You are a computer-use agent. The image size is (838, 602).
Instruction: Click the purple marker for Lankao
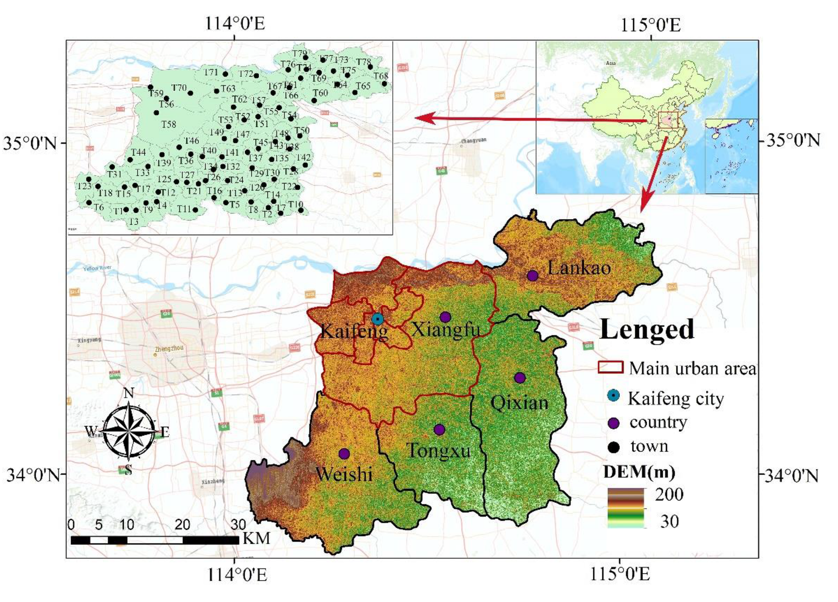click(532, 276)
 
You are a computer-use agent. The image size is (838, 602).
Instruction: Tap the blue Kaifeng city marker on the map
click(377, 319)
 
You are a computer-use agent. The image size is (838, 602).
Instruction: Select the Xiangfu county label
click(446, 330)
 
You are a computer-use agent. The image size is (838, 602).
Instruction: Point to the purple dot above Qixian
click(520, 378)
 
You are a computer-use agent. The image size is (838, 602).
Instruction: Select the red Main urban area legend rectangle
click(611, 367)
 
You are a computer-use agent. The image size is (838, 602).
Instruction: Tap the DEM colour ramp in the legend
click(626, 508)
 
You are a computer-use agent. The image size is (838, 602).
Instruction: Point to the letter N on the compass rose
click(128, 393)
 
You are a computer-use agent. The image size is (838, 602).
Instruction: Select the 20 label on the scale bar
click(182, 524)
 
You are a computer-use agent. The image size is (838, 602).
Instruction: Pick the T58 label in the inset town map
click(168, 124)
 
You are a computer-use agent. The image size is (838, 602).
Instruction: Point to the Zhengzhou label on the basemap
click(169, 348)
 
